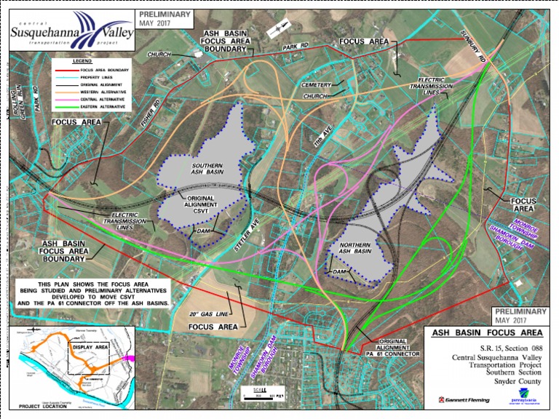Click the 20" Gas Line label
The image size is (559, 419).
[x=203, y=314]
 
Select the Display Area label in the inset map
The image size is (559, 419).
[x=90, y=346]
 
